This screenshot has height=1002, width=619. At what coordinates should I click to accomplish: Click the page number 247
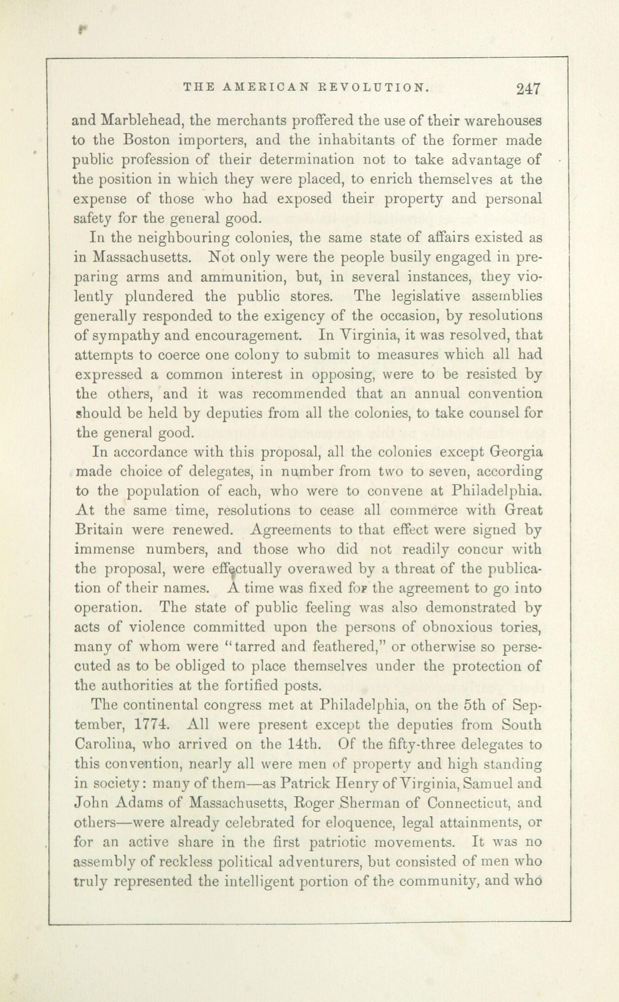tap(529, 89)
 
